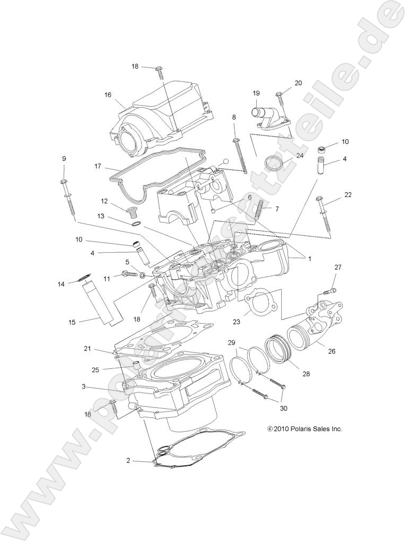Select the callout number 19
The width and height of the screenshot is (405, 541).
[x=256, y=92]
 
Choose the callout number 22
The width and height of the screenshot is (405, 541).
[x=348, y=195]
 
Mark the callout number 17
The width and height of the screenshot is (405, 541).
[x=98, y=166]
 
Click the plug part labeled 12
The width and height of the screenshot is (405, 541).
[x=133, y=213]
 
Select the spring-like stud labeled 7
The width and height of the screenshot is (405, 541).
[x=260, y=208]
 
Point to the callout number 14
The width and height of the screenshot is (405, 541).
[x=61, y=285]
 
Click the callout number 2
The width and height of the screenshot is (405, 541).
[x=128, y=460]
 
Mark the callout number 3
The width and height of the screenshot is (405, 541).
[x=84, y=387]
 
